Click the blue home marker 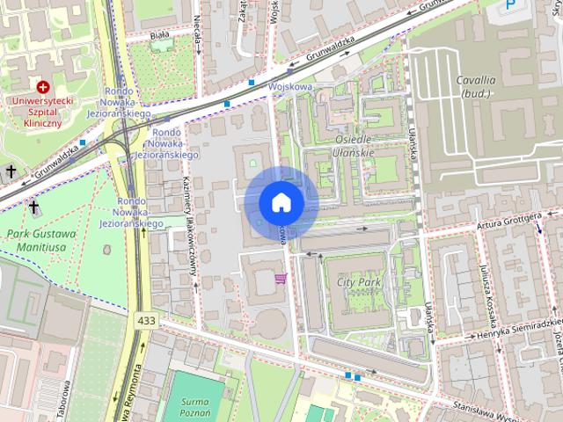[x=281, y=202]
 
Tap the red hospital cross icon [x=43, y=87]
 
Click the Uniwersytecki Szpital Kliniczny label [x=43, y=113]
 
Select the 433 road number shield [x=146, y=321]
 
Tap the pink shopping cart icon [x=281, y=279]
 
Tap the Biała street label [x=159, y=35]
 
